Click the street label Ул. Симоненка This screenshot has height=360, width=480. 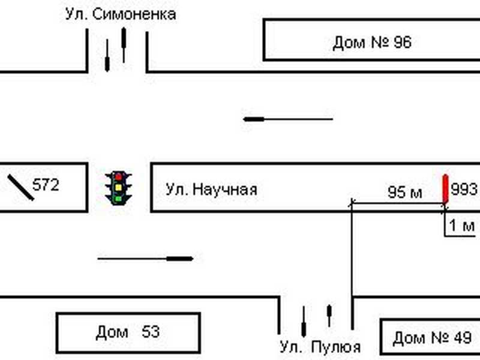point(121,14)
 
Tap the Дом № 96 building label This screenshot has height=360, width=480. point(372,43)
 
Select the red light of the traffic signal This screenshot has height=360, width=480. point(119,176)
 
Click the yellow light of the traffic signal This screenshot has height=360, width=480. point(119,187)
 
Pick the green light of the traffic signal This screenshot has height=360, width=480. point(119,197)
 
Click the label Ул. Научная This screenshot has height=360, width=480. point(211,190)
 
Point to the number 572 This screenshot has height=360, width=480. point(46,185)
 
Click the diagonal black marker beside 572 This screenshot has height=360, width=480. point(20,187)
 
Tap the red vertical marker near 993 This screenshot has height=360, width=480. point(445,188)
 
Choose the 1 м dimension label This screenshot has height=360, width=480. point(462,226)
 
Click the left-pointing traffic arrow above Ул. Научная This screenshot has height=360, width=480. point(288,119)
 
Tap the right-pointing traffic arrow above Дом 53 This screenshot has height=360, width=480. point(145,259)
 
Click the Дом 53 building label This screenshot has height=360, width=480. point(127,332)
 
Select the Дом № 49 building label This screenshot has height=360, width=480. point(432,338)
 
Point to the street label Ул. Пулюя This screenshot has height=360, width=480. point(320,347)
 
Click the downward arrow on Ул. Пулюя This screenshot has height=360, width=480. point(304,322)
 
